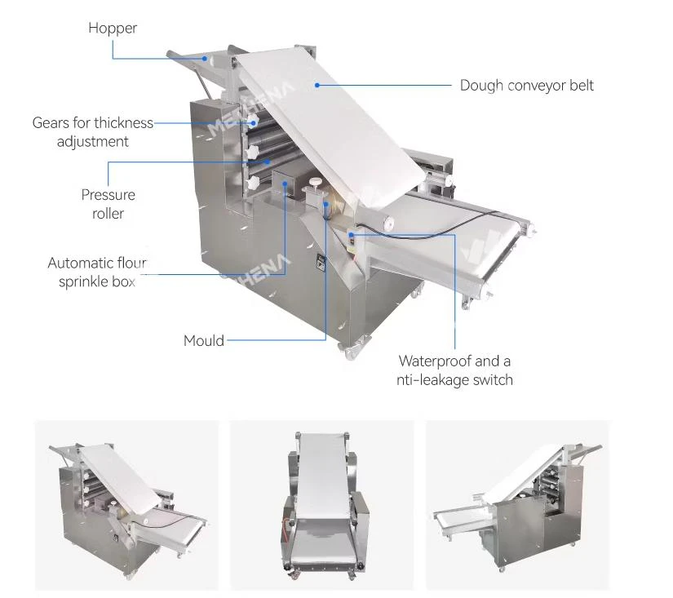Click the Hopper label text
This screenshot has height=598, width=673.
point(113,29)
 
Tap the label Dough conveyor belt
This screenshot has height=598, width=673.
point(527,86)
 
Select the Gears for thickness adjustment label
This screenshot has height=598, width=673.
point(93,132)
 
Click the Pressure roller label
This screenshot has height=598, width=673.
point(108,204)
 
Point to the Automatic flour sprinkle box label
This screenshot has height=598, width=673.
point(97,272)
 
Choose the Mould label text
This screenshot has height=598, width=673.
point(204,341)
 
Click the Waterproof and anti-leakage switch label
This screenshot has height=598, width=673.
point(454,370)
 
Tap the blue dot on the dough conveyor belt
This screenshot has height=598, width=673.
point(317,86)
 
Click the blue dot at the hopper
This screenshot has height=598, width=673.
point(205,59)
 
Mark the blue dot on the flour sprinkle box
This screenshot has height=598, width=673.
point(285,184)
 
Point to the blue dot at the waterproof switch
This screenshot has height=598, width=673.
point(351,235)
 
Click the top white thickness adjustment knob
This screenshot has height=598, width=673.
point(252,121)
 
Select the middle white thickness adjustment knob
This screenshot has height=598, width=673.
point(252,152)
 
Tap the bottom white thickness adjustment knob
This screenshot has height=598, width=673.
point(252,183)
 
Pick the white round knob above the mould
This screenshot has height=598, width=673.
point(317,182)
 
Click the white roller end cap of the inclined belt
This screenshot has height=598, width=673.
point(388,224)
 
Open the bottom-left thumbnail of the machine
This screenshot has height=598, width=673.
point(126,505)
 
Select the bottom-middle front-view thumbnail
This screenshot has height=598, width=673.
point(322,505)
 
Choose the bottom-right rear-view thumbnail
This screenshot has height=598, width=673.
point(517,505)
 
